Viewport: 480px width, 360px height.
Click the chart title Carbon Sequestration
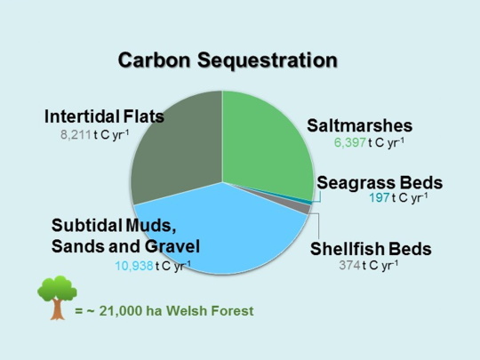pos(228,61)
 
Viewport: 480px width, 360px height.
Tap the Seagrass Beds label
pos(380,182)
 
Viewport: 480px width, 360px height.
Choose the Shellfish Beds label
pos(370,248)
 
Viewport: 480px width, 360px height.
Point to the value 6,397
pos(349,142)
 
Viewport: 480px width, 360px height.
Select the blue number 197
pos(380,198)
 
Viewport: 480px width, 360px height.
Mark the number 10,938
pos(133,265)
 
